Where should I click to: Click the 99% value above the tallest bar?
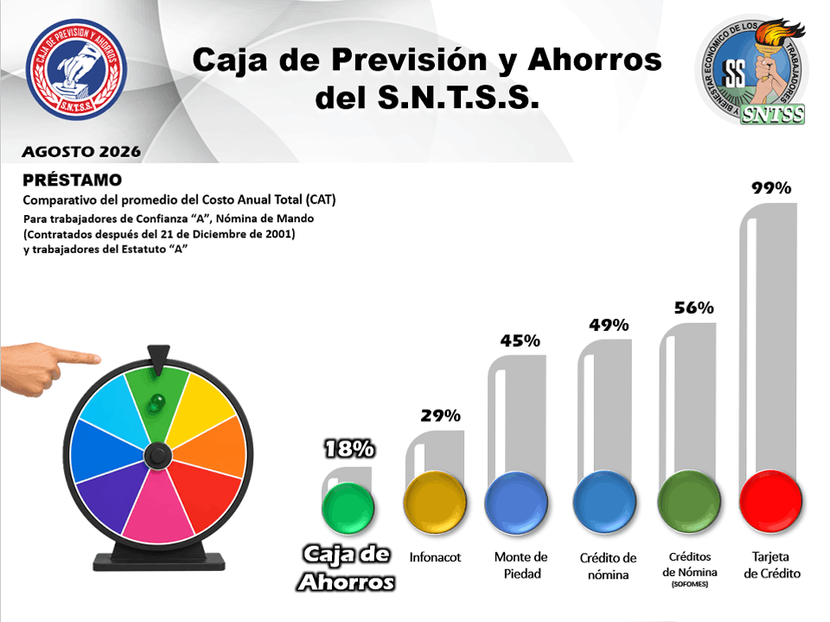pyautogui.click(x=771, y=187)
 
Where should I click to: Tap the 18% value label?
pyautogui.click(x=349, y=449)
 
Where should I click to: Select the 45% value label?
pyautogui.click(x=520, y=340)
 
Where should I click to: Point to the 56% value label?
pyautogui.click(x=694, y=308)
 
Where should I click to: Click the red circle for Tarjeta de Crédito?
pyautogui.click(x=770, y=501)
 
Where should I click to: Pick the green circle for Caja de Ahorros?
pyautogui.click(x=348, y=508)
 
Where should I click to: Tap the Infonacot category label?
pyautogui.click(x=435, y=557)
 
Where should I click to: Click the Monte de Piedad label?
pyautogui.click(x=521, y=565)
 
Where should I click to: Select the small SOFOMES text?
pyautogui.click(x=690, y=584)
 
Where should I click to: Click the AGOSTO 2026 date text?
pyautogui.click(x=81, y=152)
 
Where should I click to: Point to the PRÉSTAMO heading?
pyautogui.click(x=72, y=180)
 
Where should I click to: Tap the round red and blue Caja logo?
pyautogui.click(x=76, y=69)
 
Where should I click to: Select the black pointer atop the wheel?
pyautogui.click(x=158, y=359)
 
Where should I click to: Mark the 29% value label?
pyautogui.click(x=440, y=416)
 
